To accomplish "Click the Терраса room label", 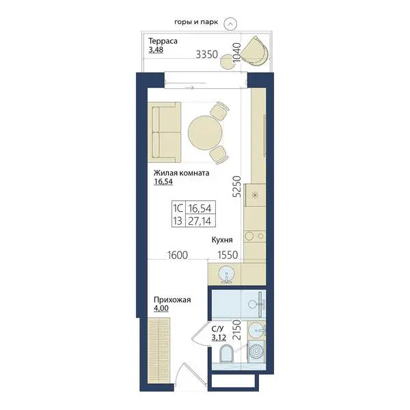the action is coord(163,41).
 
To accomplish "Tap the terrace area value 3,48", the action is coord(156,50).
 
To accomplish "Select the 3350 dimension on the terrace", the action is coord(207,55).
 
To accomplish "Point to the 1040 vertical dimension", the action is coord(236,53).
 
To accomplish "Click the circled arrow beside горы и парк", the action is coord(230,24).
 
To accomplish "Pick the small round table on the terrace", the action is coord(226,61).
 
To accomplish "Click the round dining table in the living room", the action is coord(205,133).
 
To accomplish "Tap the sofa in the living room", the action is coord(164,133).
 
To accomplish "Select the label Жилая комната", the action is coord(181,173).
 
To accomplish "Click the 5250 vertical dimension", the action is coord(236,187).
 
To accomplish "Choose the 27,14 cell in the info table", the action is coord(200,221).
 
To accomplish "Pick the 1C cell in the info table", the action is coord(178,208).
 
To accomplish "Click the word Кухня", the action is coord(222,240).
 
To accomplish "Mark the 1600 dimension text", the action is coord(178,255).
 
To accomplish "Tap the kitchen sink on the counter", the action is coord(226,274).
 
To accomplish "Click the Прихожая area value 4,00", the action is coord(161,309).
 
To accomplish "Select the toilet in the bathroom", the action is coord(226,353).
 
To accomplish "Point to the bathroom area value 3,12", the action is coord(219,338).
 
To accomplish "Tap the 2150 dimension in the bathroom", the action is coord(237,330).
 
